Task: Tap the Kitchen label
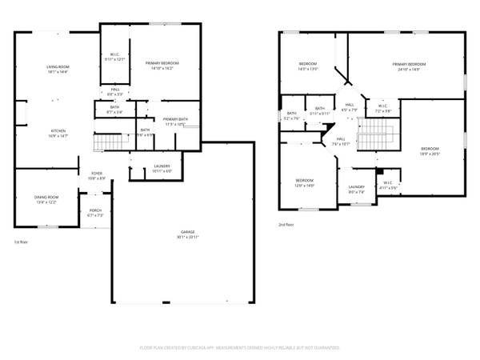point(58,133)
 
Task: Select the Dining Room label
point(46,199)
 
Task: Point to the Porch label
point(95,213)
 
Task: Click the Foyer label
point(96,175)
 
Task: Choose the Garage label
point(187,234)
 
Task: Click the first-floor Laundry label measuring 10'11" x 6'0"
point(162,169)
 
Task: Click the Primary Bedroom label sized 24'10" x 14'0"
point(408,66)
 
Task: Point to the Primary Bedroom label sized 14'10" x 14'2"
point(162,65)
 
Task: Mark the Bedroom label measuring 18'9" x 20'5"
point(430,151)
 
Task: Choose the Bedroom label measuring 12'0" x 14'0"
point(305,182)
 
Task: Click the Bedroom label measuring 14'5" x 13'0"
point(308,66)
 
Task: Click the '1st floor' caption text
point(22,242)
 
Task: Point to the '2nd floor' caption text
point(286,225)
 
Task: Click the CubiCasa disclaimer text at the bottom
point(240,348)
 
